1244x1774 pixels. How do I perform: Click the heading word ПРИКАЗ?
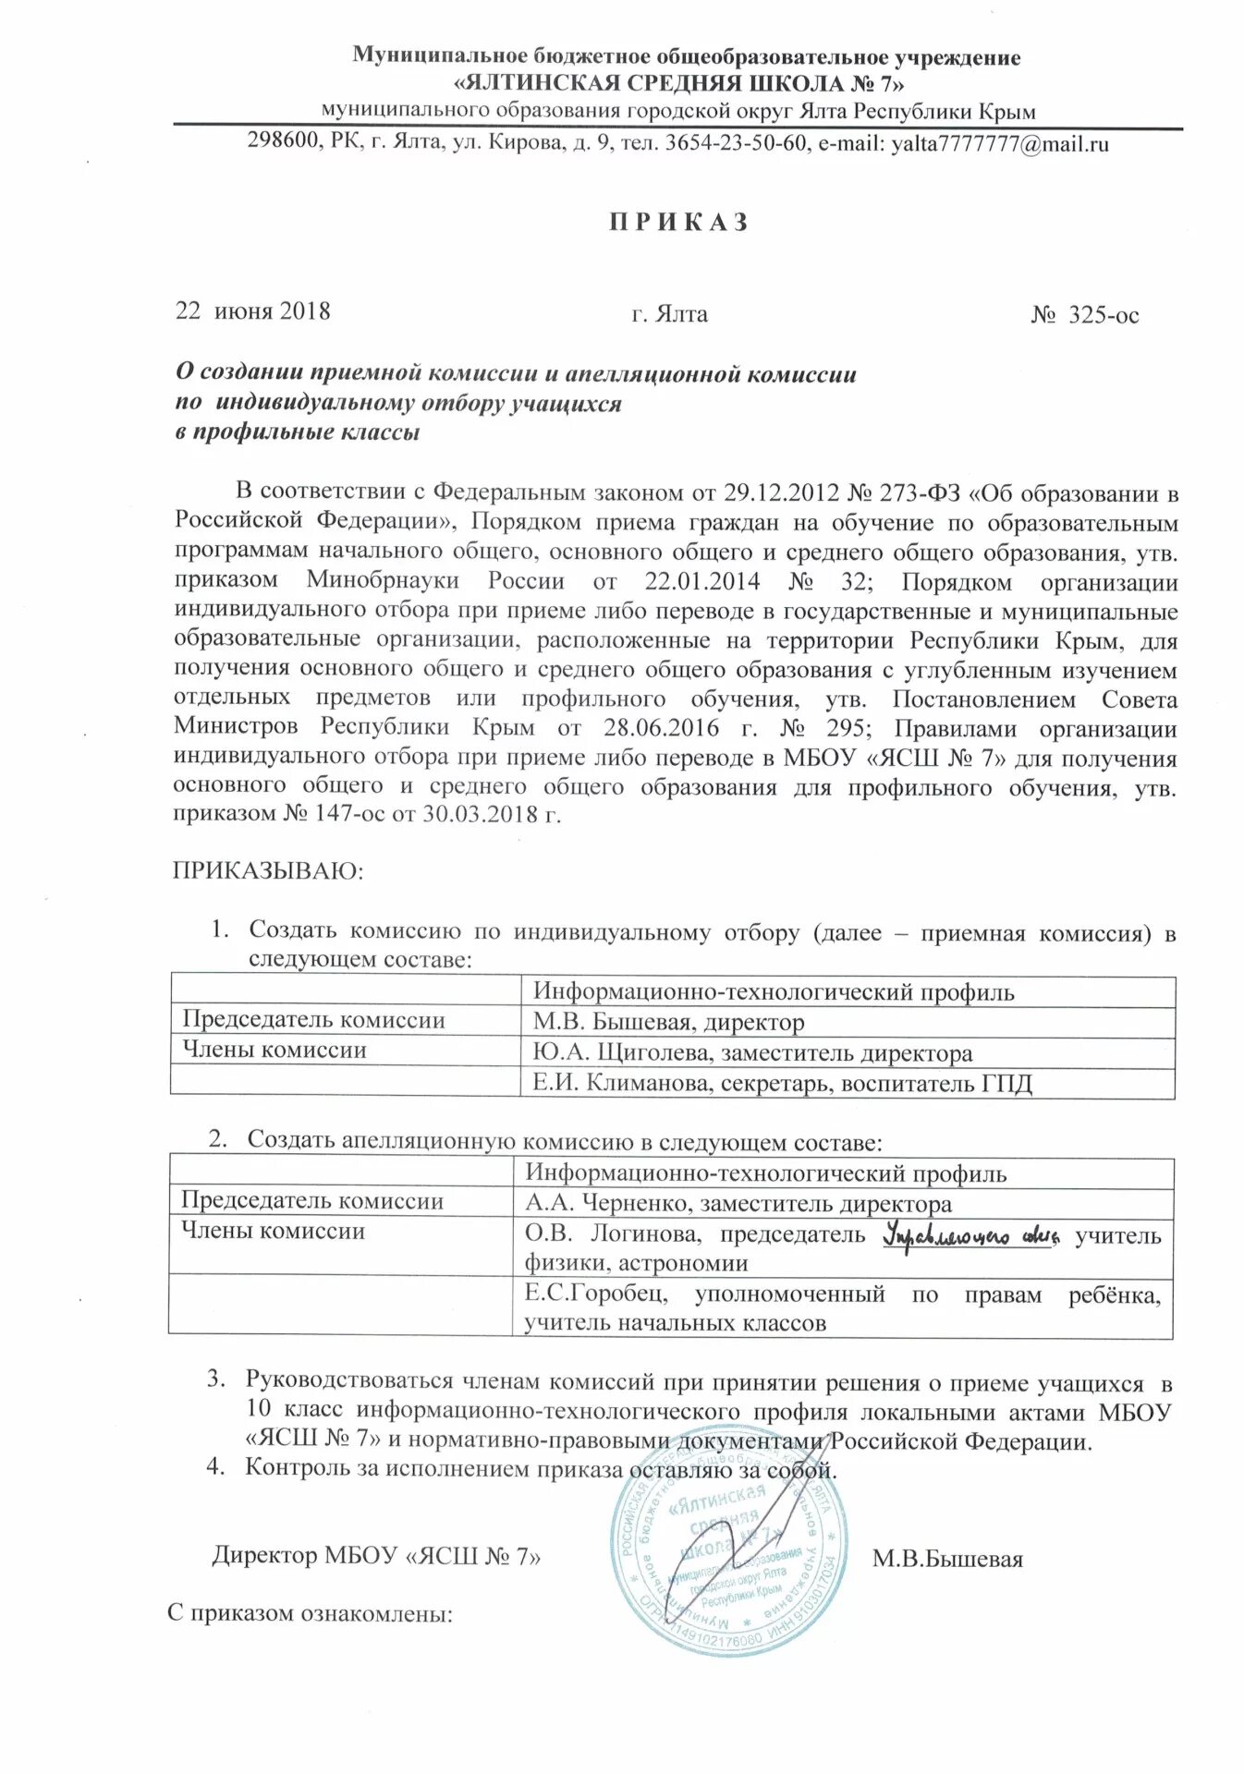pyautogui.click(x=679, y=223)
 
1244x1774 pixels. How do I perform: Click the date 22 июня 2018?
pyautogui.click(x=252, y=310)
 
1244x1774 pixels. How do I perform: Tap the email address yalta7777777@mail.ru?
pyautogui.click(x=999, y=144)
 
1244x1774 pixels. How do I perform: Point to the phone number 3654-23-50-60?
pyautogui.click(x=735, y=143)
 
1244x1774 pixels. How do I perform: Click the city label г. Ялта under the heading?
pyautogui.click(x=669, y=314)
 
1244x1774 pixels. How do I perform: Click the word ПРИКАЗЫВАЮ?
pyautogui.click(x=268, y=870)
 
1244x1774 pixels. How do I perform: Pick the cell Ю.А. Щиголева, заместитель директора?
pyautogui.click(x=751, y=1052)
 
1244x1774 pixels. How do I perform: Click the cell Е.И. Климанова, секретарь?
pyautogui.click(x=781, y=1083)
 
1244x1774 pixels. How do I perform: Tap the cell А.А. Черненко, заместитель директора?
pyautogui.click(x=738, y=1204)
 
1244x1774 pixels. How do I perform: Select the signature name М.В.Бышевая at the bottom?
pyautogui.click(x=946, y=1560)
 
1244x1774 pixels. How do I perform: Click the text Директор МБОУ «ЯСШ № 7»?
pyautogui.click(x=376, y=1556)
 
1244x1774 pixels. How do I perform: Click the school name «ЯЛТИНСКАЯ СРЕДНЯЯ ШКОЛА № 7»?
pyautogui.click(x=679, y=84)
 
